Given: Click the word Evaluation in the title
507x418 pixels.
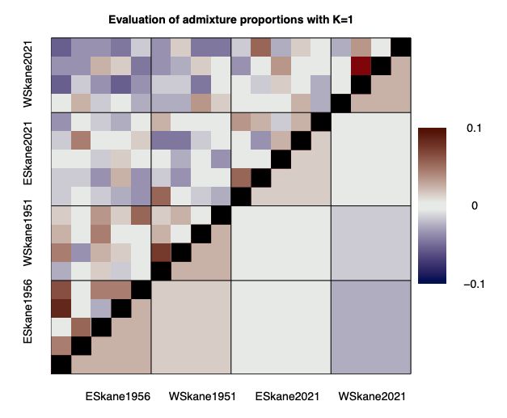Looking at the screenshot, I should (136, 19).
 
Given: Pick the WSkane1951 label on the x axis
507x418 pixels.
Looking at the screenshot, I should (202, 397).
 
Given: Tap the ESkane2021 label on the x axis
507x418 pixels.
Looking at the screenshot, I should (287, 397).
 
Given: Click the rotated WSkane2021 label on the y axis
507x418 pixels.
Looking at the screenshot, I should (30, 74).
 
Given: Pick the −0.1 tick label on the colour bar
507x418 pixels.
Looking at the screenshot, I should (472, 284).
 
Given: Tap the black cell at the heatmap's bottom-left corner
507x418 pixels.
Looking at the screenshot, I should (61, 365).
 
